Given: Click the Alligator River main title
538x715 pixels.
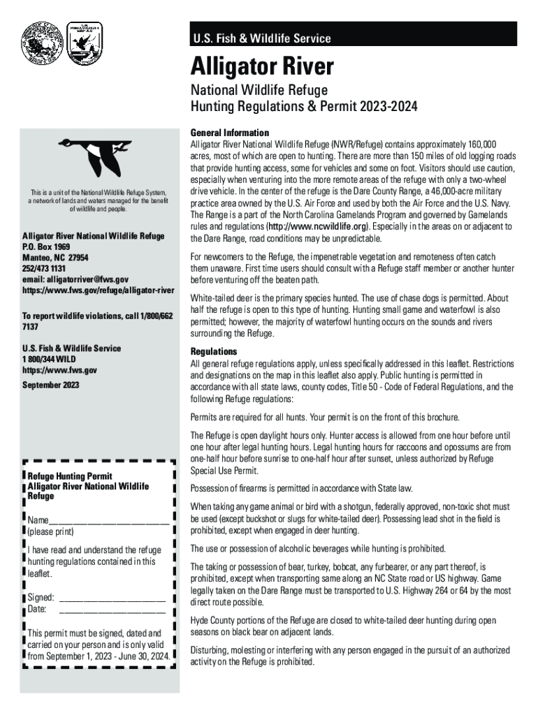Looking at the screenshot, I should click(263, 67).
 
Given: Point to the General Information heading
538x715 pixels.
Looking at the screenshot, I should click(230, 133).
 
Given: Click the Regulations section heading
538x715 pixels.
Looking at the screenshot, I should click(214, 351).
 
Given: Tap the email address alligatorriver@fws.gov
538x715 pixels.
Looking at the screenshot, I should click(75, 279).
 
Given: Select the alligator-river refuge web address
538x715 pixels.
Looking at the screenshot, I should click(99, 290).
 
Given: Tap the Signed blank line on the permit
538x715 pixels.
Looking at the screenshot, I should click(112, 597).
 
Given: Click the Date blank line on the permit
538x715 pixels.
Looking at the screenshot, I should click(112, 609).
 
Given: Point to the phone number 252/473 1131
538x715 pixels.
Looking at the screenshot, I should click(44, 269).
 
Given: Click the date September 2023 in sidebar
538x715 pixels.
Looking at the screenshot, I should click(51, 385).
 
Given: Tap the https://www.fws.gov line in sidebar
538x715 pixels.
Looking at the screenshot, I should click(60, 370).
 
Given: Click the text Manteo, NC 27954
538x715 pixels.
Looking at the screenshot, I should click(55, 258).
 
